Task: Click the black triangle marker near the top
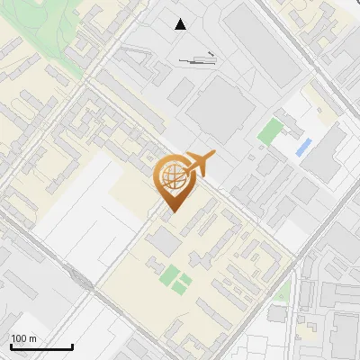click(x=181, y=24)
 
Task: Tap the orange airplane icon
click(x=198, y=164)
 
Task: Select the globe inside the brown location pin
click(x=172, y=177)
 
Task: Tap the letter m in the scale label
click(x=33, y=338)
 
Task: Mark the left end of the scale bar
click(x=11, y=346)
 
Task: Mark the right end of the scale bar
click(x=72, y=346)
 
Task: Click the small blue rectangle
click(x=303, y=146)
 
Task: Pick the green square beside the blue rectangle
click(x=269, y=131)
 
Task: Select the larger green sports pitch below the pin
click(x=169, y=274)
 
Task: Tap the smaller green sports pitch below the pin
click(x=184, y=284)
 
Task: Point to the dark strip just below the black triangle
click(x=198, y=61)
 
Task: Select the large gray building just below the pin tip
click(x=164, y=240)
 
